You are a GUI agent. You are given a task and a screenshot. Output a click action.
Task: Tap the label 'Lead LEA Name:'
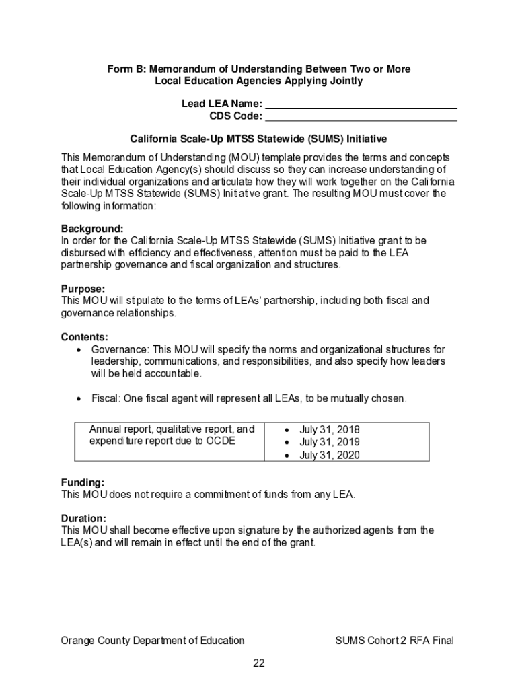tap(221, 104)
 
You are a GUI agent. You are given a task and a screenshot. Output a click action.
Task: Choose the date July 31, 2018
tap(330, 429)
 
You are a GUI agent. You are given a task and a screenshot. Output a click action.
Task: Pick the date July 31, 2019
tap(330, 442)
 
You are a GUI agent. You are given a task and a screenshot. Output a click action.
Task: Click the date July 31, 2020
tap(330, 456)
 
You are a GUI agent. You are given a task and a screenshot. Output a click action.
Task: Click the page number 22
tap(259, 663)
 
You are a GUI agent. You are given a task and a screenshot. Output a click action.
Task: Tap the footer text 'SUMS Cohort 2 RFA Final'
tap(394, 641)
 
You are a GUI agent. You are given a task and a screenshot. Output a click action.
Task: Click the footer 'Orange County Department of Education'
tap(153, 641)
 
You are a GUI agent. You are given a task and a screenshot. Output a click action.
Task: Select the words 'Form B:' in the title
tap(126, 69)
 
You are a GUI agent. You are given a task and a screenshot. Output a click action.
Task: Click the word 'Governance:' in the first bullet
tap(120, 350)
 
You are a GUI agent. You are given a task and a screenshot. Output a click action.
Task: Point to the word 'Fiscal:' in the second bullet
tap(106, 399)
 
